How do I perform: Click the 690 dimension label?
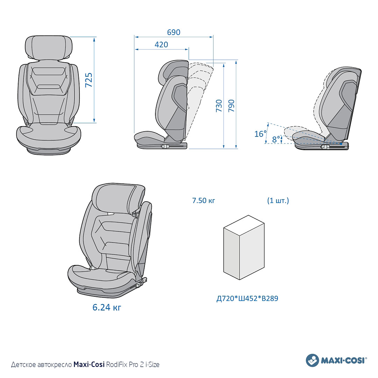click(x=174, y=32)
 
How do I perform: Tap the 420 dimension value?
click(x=161, y=44)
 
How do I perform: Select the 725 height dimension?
click(x=89, y=80)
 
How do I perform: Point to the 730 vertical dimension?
click(x=219, y=106)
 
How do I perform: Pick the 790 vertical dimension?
click(x=231, y=106)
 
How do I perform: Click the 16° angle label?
click(x=260, y=134)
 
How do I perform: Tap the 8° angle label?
click(x=276, y=139)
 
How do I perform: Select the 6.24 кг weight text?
click(x=107, y=307)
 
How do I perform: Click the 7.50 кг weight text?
click(x=203, y=201)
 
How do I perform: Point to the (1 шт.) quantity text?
click(x=278, y=201)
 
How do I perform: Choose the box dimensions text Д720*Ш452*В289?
click(x=247, y=299)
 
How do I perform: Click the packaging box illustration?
click(x=244, y=247)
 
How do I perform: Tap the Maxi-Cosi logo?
click(x=337, y=360)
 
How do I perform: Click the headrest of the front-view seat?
click(x=49, y=48)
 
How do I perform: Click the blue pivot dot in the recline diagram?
click(x=341, y=144)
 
